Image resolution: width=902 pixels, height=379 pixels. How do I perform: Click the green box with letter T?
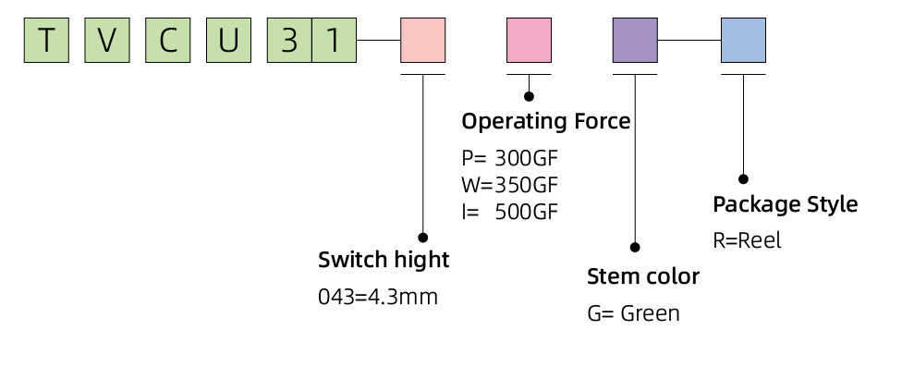pos(46,41)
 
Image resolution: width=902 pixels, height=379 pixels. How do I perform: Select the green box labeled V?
pos(106,41)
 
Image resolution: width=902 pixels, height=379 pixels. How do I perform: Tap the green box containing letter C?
pos(166,41)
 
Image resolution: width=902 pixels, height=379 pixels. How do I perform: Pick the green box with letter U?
pos(227,41)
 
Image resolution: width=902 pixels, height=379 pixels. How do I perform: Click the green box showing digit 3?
pos(288,41)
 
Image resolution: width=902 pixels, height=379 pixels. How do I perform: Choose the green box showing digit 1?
pos(334,41)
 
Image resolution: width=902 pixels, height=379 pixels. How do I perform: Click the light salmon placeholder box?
pos(422,41)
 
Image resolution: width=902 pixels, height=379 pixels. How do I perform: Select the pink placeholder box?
pos(529,41)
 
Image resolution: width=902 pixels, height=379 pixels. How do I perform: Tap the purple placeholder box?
pos(636,41)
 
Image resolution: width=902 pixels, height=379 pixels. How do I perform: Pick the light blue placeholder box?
pos(743,41)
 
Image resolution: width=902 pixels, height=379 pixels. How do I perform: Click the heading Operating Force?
pos(545,121)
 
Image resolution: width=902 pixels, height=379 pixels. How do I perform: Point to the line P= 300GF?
pos(509,156)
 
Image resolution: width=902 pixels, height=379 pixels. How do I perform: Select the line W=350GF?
pos(509,183)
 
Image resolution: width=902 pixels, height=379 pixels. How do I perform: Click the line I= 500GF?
pos(509,211)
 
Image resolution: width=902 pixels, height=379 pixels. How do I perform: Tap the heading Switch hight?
pos(384,260)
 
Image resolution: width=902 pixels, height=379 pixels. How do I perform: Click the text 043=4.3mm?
pos(377,297)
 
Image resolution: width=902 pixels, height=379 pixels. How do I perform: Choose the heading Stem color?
pos(643,276)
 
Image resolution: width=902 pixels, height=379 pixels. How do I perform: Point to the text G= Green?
pos(633,313)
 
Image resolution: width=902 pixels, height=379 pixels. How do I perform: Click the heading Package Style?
pos(786,204)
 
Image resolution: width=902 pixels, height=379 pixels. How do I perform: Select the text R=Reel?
pos(747,240)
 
